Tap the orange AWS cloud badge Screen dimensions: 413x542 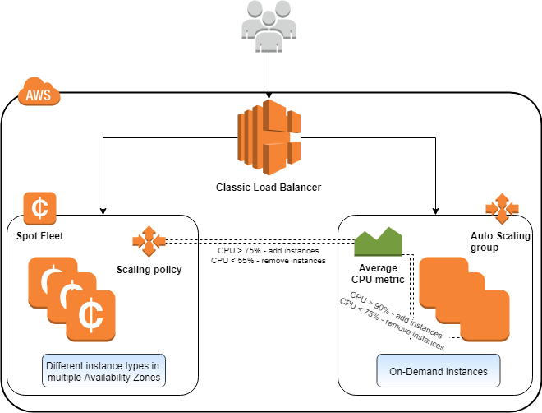[x=39, y=94]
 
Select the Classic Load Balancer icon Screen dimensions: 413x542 [x=269, y=135]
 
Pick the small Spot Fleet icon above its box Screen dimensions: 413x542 [x=39, y=208]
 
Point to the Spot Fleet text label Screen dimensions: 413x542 [x=39, y=236]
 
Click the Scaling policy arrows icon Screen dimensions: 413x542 [x=149, y=241]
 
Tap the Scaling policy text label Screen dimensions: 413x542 [x=149, y=268]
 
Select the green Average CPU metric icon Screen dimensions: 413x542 [x=378, y=242]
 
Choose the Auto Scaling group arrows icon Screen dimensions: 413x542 [x=498, y=209]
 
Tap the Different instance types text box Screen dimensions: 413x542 [x=102, y=371]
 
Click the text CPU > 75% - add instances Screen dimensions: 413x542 [x=268, y=250]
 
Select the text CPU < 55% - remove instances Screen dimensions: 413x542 [x=268, y=260]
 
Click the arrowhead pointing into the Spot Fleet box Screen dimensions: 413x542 [x=102, y=211]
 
